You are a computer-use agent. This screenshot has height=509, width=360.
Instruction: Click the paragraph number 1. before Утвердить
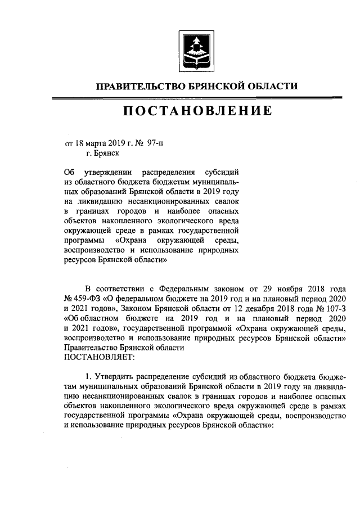(x=87, y=376)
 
